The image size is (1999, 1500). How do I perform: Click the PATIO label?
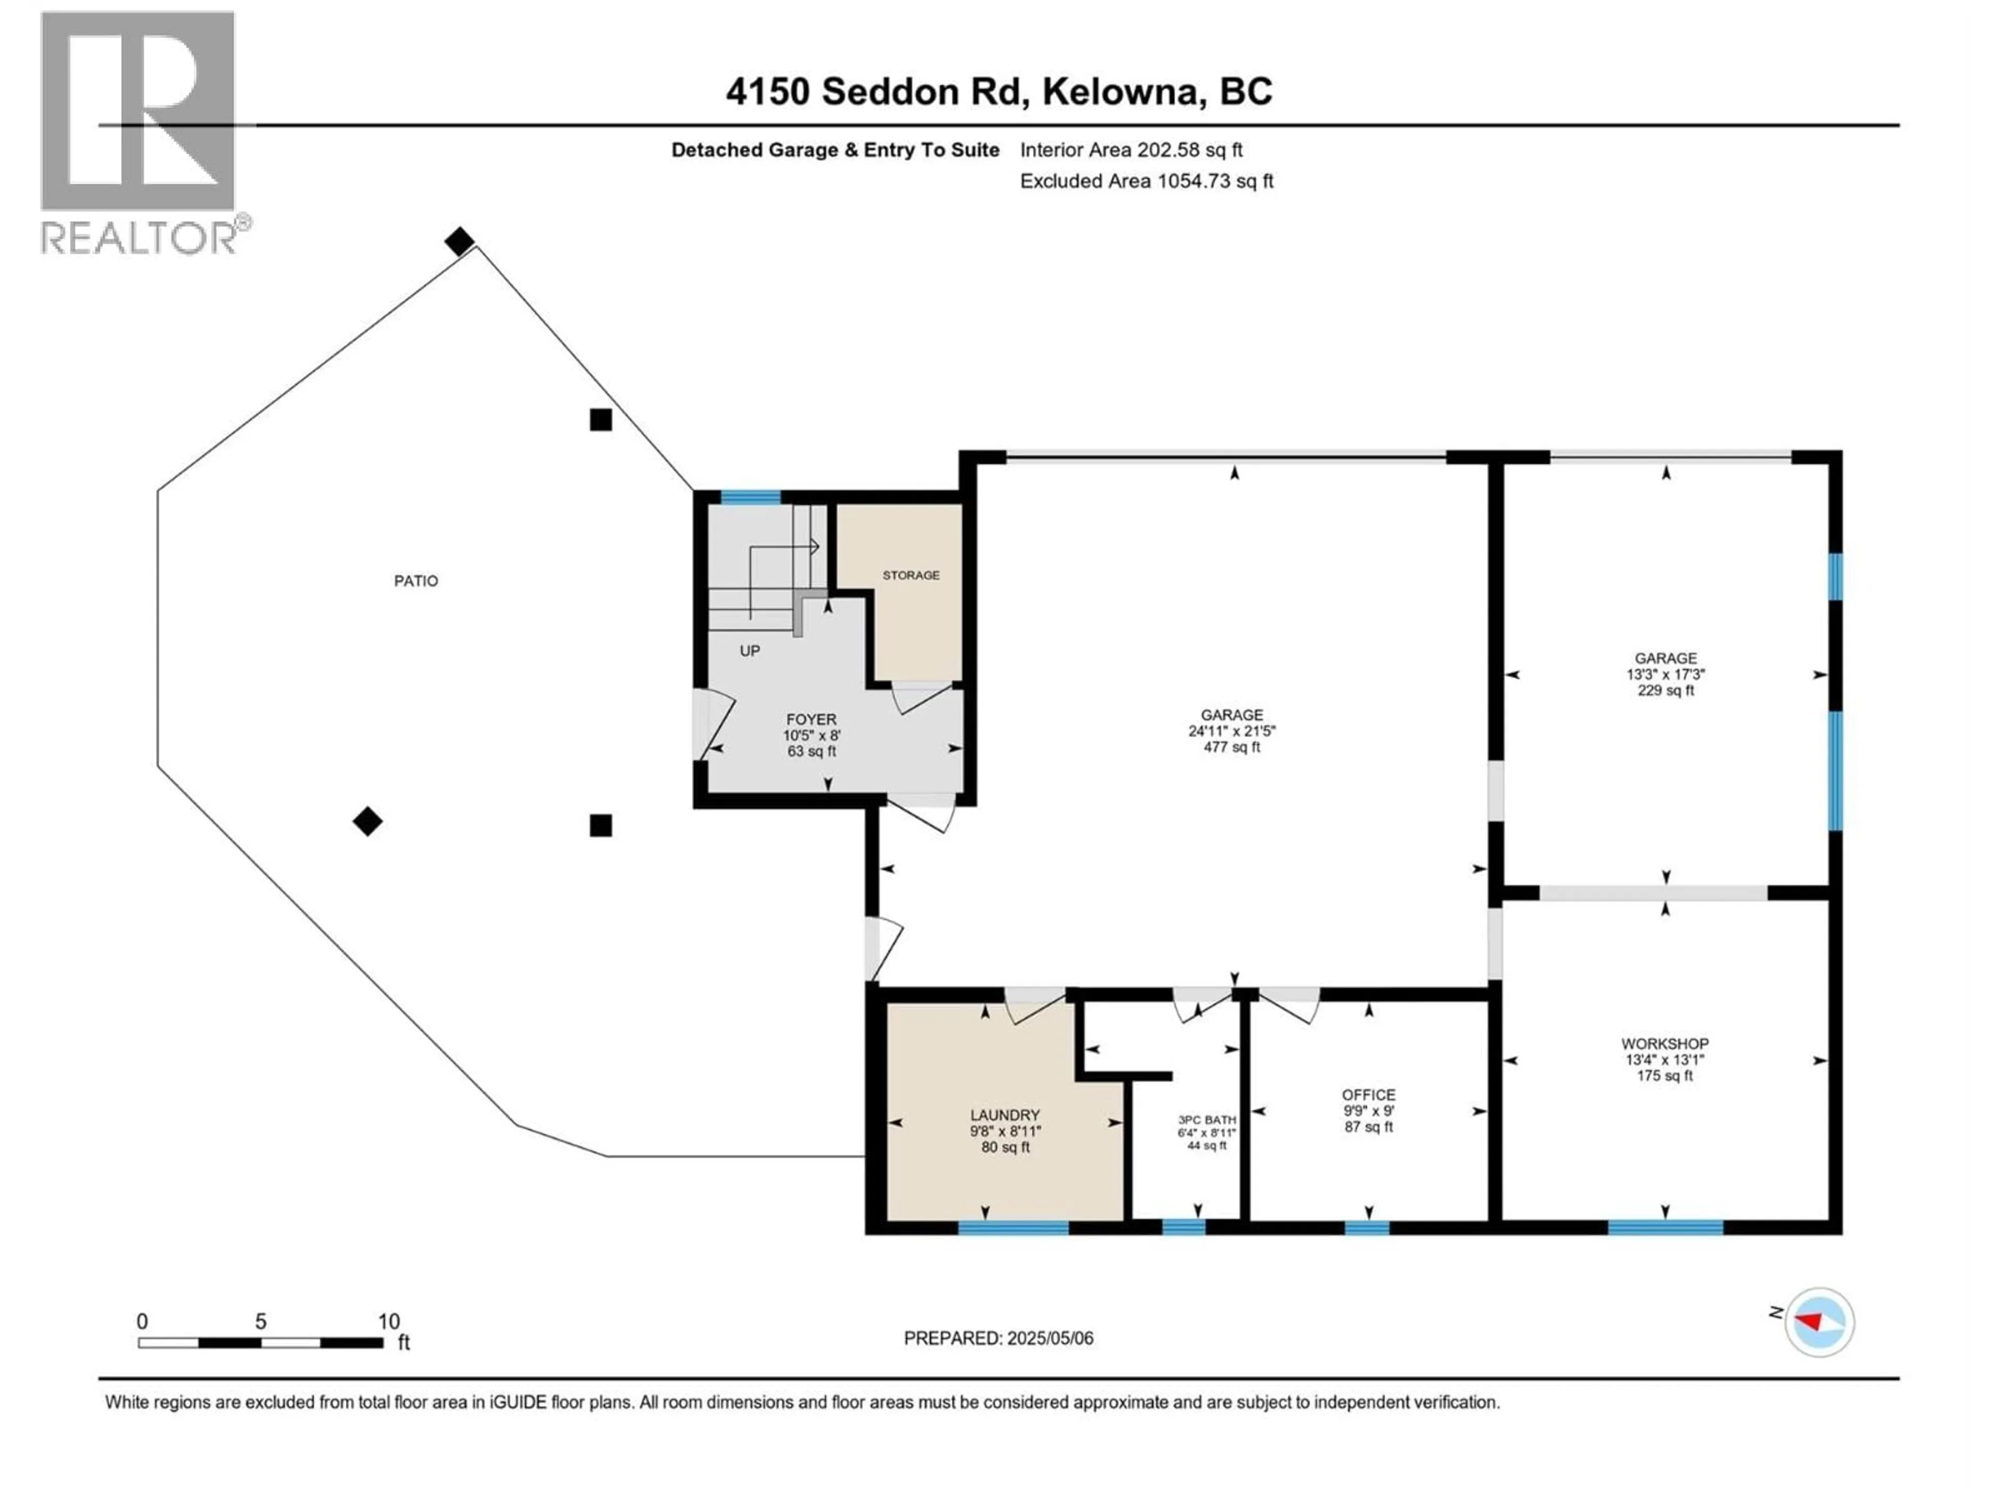[x=416, y=581]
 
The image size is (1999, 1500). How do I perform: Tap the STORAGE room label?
[x=911, y=575]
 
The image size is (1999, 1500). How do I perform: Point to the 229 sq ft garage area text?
[x=1665, y=691]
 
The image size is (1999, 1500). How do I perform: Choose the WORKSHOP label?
[x=1665, y=1043]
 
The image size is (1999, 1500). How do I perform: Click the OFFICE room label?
[x=1368, y=1095]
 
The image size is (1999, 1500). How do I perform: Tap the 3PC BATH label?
[x=1207, y=1119]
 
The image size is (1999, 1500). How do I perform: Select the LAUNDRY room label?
[x=1005, y=1116]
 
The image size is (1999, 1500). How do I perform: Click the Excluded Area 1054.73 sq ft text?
[x=1146, y=181]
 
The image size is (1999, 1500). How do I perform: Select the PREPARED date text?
[x=998, y=1338]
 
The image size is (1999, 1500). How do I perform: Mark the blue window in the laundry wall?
[x=1013, y=1228]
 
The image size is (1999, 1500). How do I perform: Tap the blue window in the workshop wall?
[x=1665, y=1228]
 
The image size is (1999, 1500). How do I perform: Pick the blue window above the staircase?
[x=750, y=497]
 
